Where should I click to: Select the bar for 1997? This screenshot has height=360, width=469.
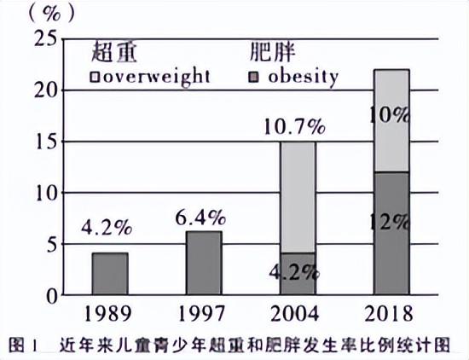205,264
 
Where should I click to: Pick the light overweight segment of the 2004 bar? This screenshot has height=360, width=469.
298,196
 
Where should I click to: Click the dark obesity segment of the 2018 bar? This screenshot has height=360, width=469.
391,235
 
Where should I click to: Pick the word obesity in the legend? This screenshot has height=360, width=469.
302,76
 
